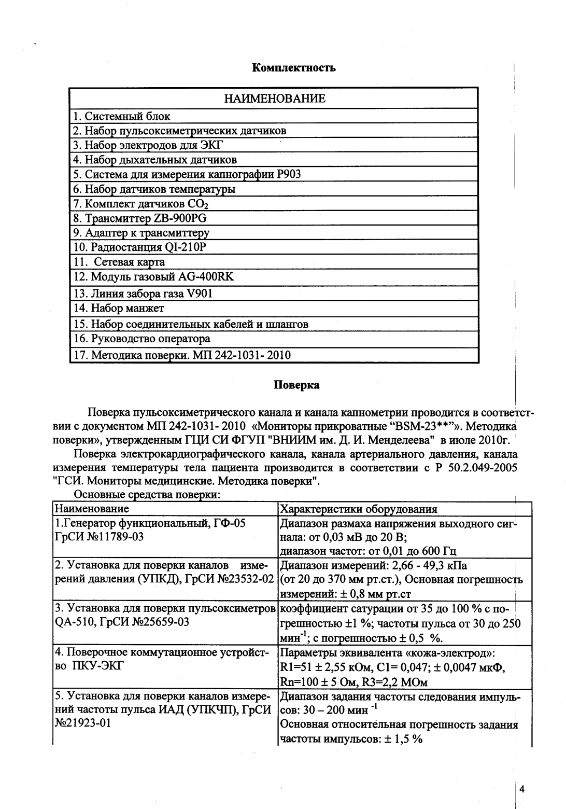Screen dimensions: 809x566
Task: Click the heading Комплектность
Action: pyautogui.click(x=293, y=68)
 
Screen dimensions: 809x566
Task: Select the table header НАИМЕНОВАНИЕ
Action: pyautogui.click(x=274, y=99)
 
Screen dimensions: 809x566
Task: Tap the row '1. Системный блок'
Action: pyautogui.click(x=122, y=116)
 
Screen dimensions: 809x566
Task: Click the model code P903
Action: pyautogui.click(x=289, y=174)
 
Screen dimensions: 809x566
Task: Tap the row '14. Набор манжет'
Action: pyautogui.click(x=119, y=308)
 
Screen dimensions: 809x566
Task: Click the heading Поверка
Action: pyautogui.click(x=296, y=385)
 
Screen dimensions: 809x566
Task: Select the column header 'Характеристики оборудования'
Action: pyautogui.click(x=358, y=509)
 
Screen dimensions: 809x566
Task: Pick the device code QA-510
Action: pyautogui.click(x=72, y=622)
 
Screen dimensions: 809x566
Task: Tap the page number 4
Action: pyautogui.click(x=522, y=790)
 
